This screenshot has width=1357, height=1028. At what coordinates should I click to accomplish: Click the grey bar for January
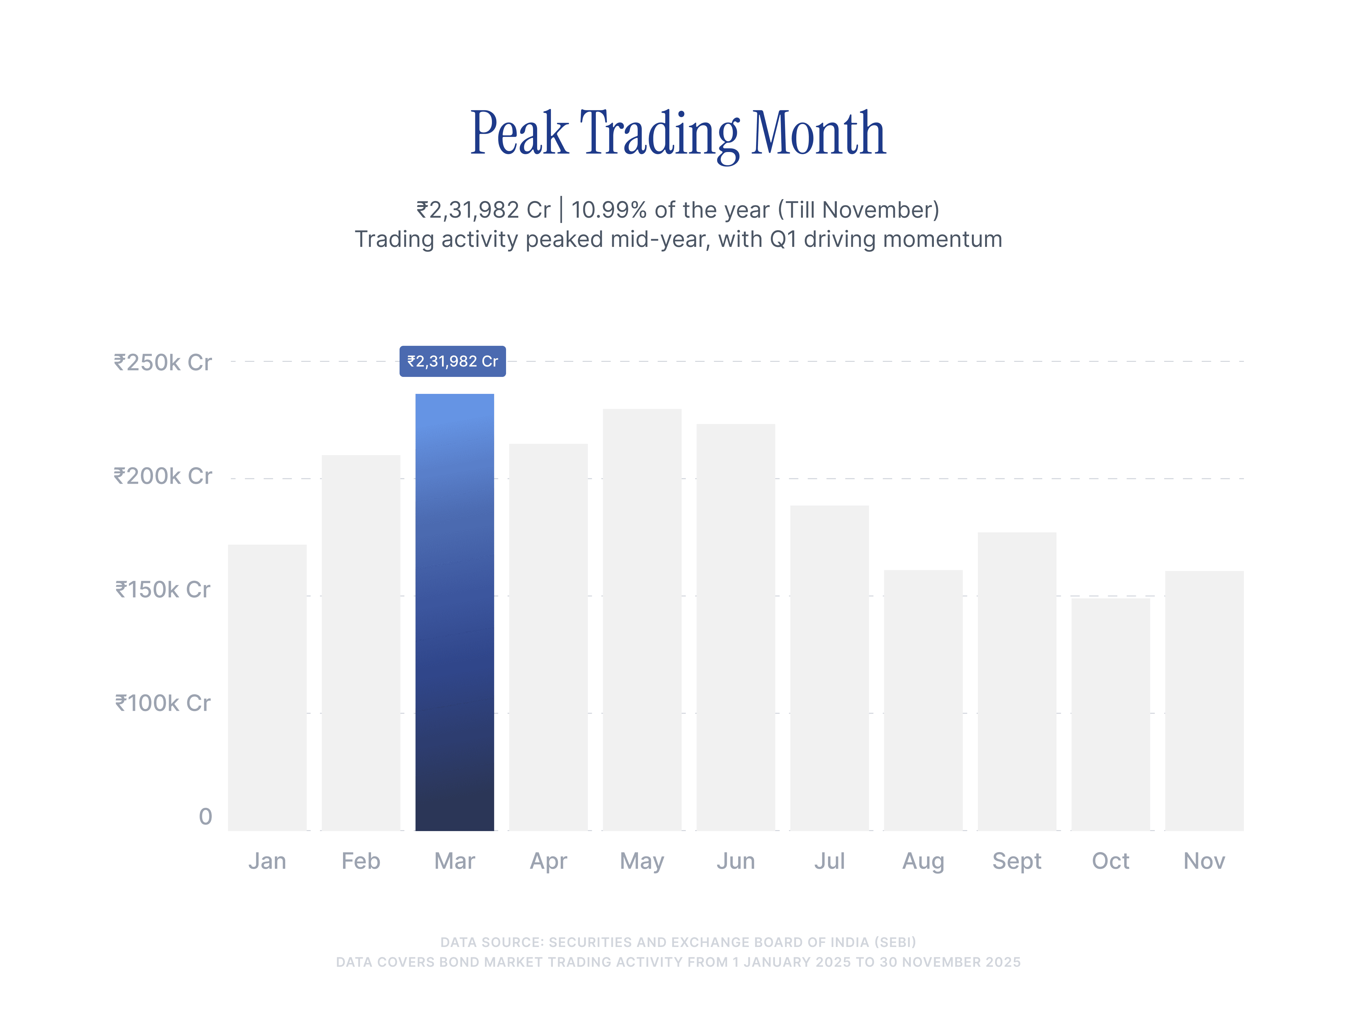point(268,687)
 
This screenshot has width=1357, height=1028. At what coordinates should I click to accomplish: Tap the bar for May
point(642,619)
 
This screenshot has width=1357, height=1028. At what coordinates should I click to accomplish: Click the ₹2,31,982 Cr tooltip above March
point(453,361)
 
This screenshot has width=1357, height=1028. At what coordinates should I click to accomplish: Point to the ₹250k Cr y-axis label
point(163,362)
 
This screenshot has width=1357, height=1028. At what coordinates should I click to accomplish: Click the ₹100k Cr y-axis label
point(163,703)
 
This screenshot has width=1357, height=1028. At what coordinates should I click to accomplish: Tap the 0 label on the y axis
point(205,816)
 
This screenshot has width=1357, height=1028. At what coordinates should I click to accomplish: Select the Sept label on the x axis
point(1016,861)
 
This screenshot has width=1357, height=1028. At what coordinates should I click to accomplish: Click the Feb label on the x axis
point(361,861)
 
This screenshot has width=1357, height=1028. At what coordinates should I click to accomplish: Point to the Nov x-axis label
point(1204,861)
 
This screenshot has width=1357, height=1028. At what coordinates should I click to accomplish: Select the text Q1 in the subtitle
point(783,239)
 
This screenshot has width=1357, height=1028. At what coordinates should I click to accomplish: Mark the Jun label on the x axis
point(736,861)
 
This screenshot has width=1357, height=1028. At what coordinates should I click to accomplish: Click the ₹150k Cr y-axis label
point(163,590)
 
